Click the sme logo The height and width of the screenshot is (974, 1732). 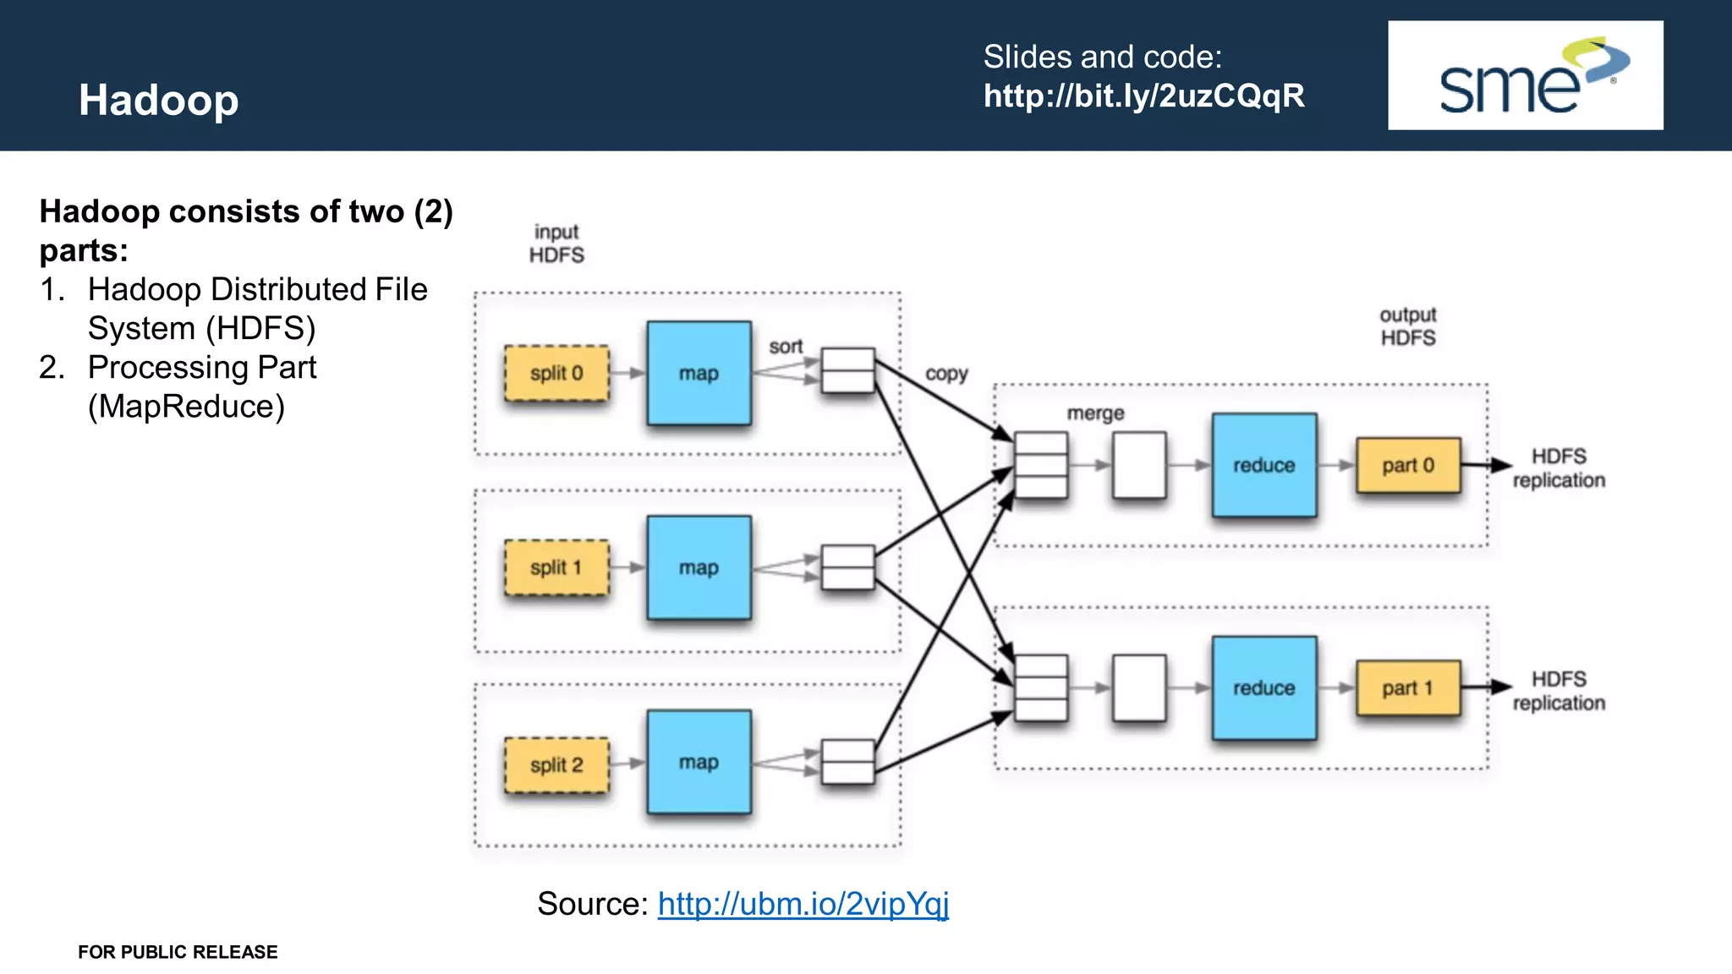point(1525,75)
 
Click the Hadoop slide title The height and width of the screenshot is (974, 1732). point(158,100)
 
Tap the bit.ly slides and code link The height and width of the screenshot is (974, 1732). point(1143,96)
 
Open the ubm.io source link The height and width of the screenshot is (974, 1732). point(803,904)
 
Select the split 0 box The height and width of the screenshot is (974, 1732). point(556,373)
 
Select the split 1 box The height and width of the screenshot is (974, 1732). point(556,567)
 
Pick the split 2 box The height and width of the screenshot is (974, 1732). point(556,765)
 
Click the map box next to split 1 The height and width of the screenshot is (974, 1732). point(699,567)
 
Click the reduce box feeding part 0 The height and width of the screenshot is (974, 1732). point(1263,465)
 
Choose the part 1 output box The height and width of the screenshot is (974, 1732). point(1407,688)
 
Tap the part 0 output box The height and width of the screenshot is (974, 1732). point(1407,465)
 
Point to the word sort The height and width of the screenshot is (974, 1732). point(785,347)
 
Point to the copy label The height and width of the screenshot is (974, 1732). point(945,374)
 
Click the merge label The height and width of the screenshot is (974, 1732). point(1095,413)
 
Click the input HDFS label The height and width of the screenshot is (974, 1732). point(556,243)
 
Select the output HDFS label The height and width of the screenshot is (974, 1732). point(1408,326)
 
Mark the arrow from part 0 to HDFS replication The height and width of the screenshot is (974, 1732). point(1486,465)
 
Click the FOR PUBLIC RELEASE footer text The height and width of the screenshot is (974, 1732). point(178,952)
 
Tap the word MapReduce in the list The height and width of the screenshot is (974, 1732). point(186,407)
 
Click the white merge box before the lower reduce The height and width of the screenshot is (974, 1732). point(1139,688)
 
